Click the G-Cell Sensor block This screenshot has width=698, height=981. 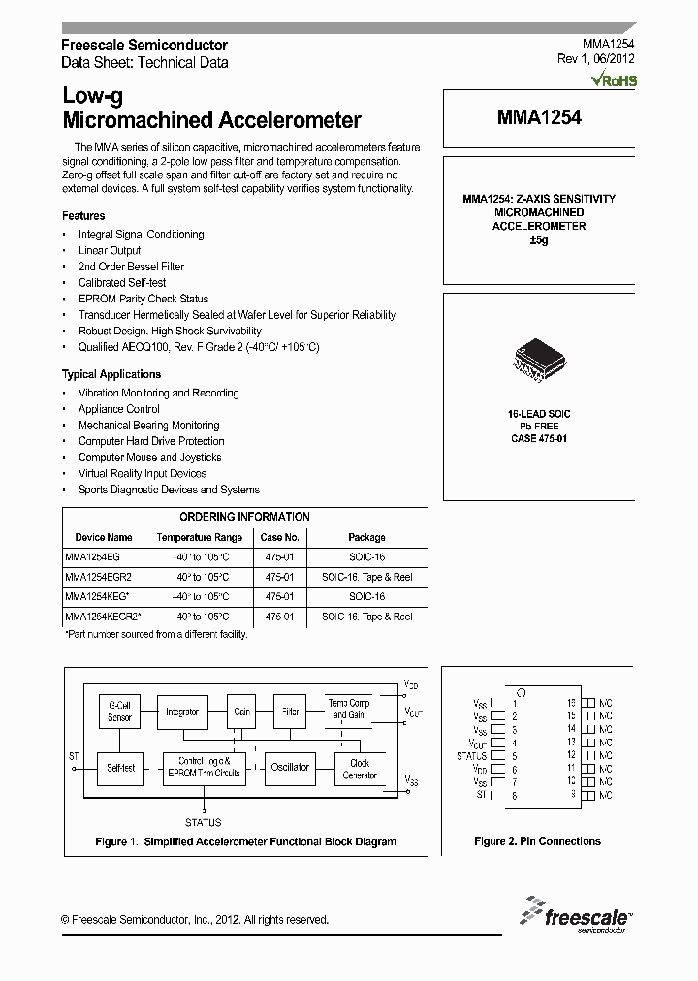click(x=119, y=712)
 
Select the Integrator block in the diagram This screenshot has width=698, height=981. click(x=182, y=712)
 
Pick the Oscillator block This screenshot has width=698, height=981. click(x=290, y=768)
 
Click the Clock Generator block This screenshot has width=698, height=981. click(x=359, y=769)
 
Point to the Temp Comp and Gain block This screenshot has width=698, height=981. click(x=349, y=709)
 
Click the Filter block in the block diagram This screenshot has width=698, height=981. click(x=290, y=712)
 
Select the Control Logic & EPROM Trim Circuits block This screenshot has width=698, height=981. click(x=205, y=768)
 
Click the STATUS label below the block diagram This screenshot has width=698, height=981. click(x=204, y=822)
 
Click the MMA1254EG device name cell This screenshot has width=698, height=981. click(x=92, y=556)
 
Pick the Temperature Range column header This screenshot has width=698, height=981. click(x=199, y=537)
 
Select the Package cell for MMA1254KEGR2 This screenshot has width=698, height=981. click(x=366, y=617)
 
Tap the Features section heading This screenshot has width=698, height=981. click(x=83, y=216)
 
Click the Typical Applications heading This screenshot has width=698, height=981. click(x=111, y=374)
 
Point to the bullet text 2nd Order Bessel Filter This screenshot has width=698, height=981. click(x=131, y=267)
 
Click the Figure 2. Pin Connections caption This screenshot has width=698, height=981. click(x=537, y=841)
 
